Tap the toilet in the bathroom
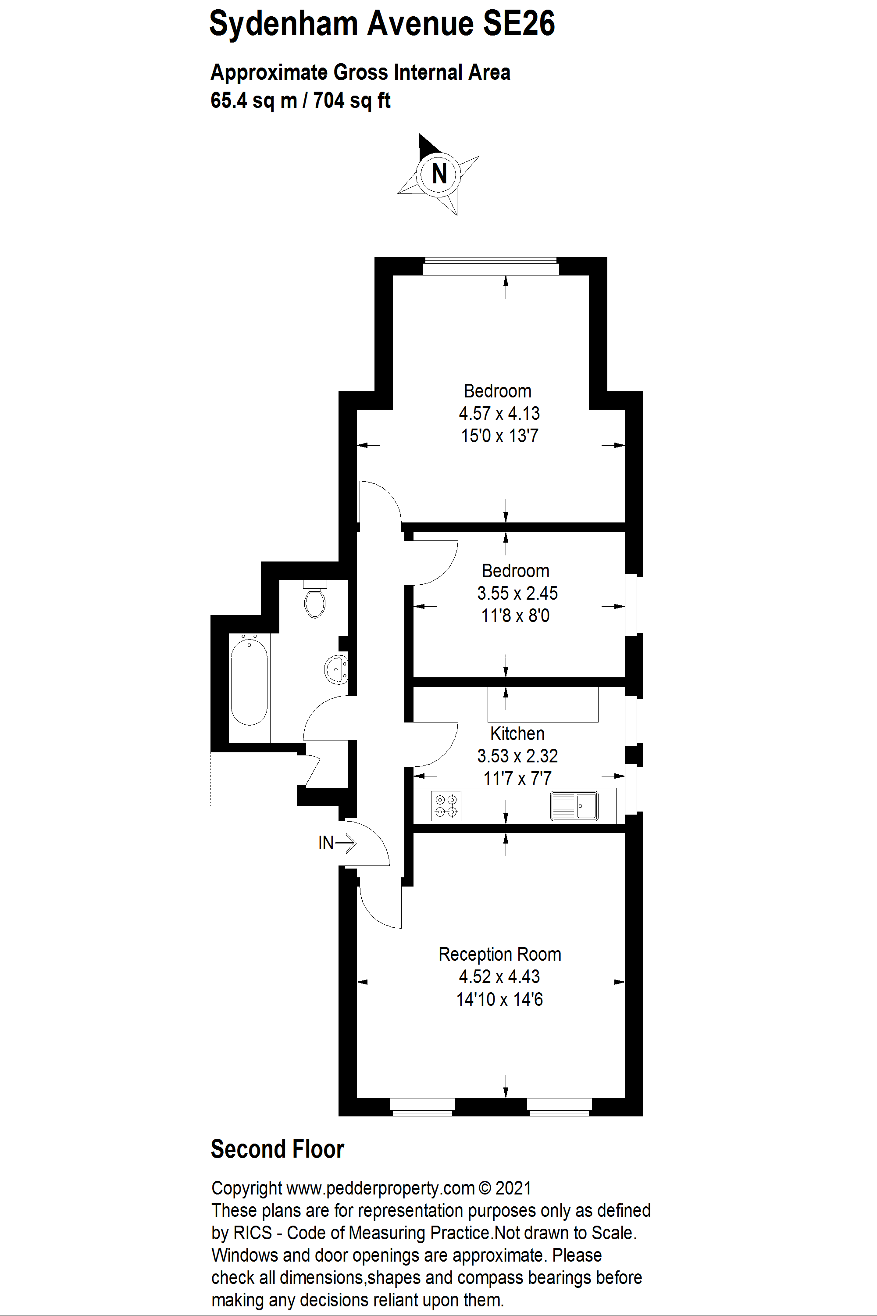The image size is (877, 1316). (x=315, y=600)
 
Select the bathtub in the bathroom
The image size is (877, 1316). (x=249, y=682)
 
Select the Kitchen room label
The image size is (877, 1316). (x=517, y=733)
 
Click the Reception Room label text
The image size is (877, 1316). (x=499, y=955)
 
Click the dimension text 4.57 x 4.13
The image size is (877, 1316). (x=499, y=414)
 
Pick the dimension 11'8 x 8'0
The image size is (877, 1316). (x=515, y=616)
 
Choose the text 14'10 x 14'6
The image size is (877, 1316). (x=499, y=999)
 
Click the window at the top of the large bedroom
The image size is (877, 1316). (x=491, y=266)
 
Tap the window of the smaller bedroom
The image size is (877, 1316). (x=634, y=604)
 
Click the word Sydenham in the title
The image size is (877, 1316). (x=283, y=24)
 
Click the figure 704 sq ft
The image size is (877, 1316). (x=351, y=101)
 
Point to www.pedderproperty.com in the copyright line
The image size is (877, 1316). (x=380, y=1188)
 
